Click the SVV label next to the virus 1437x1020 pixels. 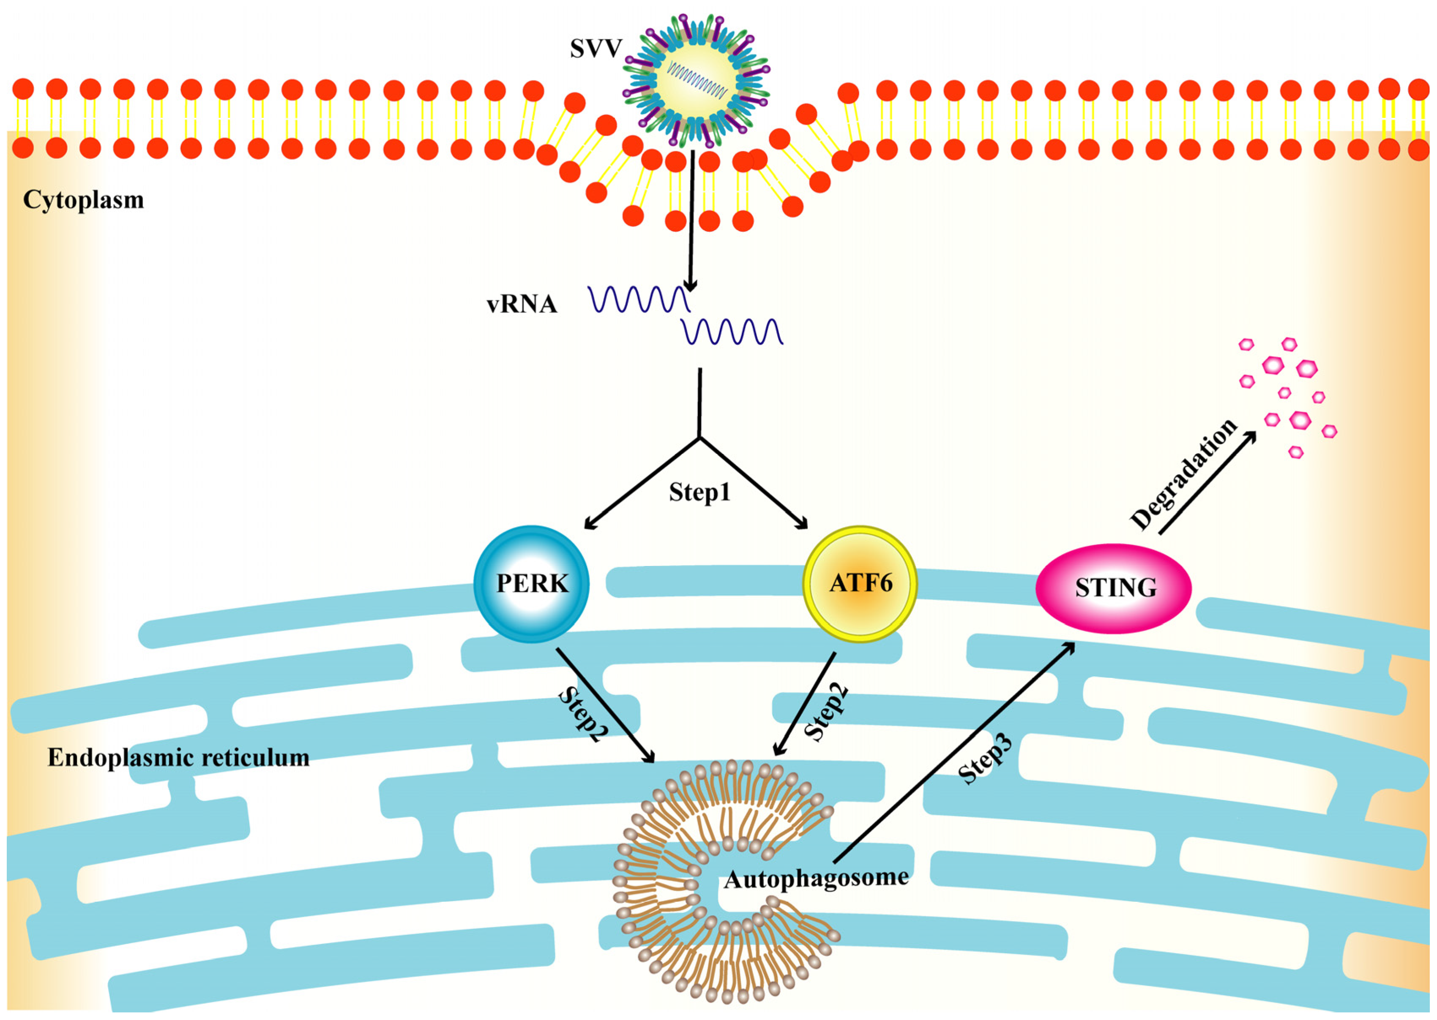click(x=595, y=49)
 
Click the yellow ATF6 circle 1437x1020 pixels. click(x=860, y=583)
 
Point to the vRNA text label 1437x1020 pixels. click(x=522, y=305)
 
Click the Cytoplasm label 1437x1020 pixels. click(x=84, y=200)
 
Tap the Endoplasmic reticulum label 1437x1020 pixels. click(x=178, y=758)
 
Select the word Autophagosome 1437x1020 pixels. click(x=816, y=878)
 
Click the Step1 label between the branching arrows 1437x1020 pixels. click(x=699, y=492)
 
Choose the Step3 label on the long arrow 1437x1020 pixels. click(x=985, y=760)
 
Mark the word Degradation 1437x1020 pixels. click(x=1183, y=474)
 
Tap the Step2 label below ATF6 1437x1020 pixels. click(x=826, y=712)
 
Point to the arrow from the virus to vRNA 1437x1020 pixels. click(x=691, y=220)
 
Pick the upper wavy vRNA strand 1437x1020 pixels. click(x=639, y=299)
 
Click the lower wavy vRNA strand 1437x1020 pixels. click(x=732, y=331)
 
